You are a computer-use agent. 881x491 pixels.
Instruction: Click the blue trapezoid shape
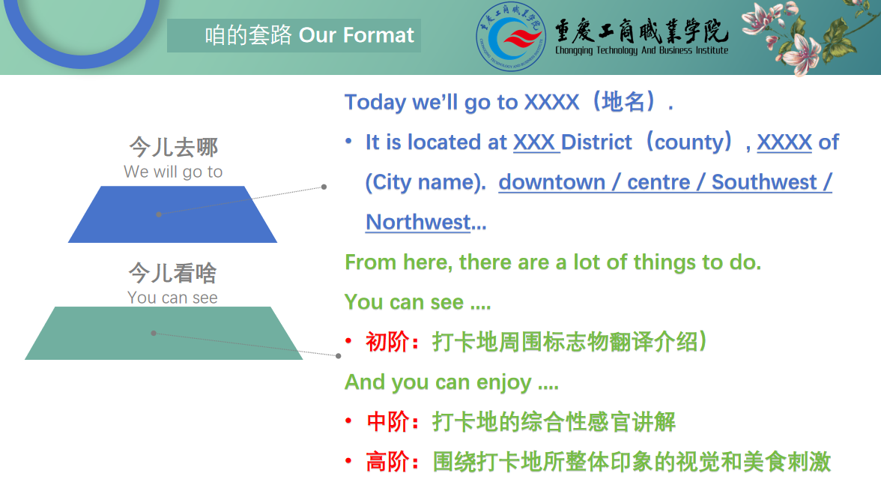(172, 214)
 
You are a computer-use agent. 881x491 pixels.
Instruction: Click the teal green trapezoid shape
(163, 333)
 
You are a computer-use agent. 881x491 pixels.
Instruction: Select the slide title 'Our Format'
(357, 35)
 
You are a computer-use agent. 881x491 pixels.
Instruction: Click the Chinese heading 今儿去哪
(173, 148)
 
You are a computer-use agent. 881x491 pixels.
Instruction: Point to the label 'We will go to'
(173, 172)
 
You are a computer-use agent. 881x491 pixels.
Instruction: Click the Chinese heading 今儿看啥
(172, 274)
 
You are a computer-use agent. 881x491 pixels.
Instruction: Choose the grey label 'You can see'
(172, 298)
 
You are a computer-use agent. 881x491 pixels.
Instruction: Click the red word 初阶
(387, 342)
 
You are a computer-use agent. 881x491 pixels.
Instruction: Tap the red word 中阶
(387, 422)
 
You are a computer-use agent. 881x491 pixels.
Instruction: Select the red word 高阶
(387, 462)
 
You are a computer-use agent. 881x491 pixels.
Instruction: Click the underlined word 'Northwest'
(418, 222)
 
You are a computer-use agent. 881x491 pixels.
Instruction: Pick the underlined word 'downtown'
(551, 182)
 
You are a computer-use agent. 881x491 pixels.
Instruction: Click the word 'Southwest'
(764, 182)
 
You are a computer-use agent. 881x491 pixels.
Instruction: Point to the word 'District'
(596, 142)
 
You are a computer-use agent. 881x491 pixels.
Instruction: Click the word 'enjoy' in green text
(503, 383)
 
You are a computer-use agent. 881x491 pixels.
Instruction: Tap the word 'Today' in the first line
(375, 103)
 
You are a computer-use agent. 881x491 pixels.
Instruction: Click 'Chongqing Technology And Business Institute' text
(641, 50)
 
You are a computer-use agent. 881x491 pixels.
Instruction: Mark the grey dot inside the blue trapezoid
(159, 214)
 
